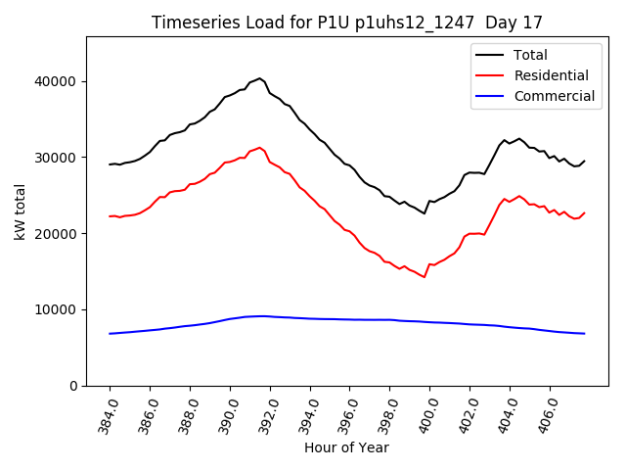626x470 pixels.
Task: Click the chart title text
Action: [346, 23]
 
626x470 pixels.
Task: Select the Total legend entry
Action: [530, 55]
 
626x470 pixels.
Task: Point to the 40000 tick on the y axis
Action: [61, 81]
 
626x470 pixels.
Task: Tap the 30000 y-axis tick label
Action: [61, 158]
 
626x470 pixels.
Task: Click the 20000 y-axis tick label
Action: [61, 234]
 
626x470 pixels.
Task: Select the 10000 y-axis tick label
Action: [61, 310]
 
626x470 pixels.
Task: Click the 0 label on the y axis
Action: [74, 386]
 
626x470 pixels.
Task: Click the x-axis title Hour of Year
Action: [346, 448]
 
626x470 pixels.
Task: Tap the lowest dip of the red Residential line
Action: [425, 277]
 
